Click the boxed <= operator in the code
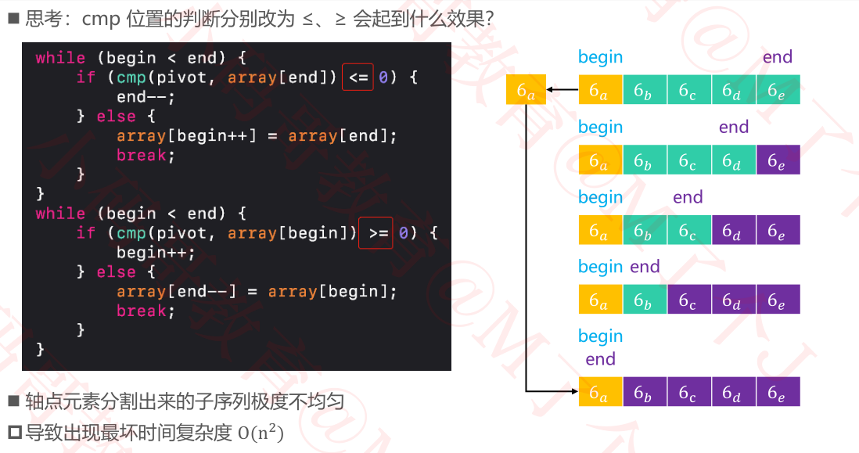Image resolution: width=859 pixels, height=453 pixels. pyautogui.click(x=358, y=77)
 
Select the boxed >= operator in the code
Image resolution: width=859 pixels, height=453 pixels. pyautogui.click(x=376, y=233)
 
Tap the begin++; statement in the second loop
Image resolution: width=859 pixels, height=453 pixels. pyautogui.click(x=156, y=253)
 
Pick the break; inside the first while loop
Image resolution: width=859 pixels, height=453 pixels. pyautogui.click(x=142, y=156)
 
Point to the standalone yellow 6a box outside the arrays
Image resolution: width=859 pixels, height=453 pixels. pyautogui.click(x=526, y=90)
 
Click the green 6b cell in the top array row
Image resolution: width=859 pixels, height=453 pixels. pyautogui.click(x=645, y=90)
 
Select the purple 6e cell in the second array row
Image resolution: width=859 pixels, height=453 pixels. pyautogui.click(x=778, y=160)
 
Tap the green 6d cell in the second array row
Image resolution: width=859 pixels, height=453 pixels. pyautogui.click(x=734, y=160)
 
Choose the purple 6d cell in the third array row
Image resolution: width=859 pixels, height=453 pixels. pyautogui.click(x=734, y=230)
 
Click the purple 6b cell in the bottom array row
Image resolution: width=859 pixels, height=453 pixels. pyautogui.click(x=645, y=391)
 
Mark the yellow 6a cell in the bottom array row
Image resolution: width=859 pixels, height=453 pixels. pyautogui.click(x=600, y=391)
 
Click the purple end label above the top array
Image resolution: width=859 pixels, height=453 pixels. pyautogui.click(x=778, y=57)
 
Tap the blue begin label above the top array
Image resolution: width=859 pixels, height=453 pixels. pyautogui.click(x=600, y=57)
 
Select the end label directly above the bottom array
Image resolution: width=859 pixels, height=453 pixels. pyautogui.click(x=600, y=359)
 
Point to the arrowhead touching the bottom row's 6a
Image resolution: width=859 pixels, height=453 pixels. pyautogui.click(x=573, y=390)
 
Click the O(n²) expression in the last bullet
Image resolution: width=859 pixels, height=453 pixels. pyautogui.click(x=261, y=432)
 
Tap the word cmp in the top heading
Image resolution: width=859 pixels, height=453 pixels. pyautogui.click(x=100, y=20)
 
